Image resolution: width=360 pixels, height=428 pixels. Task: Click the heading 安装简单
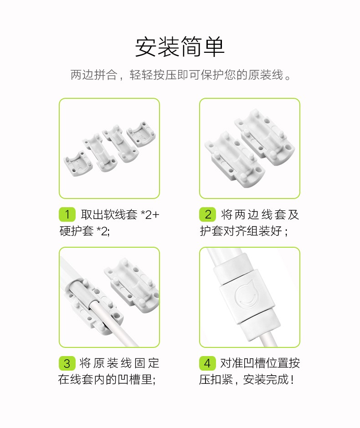click(x=180, y=47)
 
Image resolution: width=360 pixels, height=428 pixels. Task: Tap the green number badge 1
click(x=67, y=214)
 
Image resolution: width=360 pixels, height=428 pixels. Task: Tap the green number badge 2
click(x=208, y=214)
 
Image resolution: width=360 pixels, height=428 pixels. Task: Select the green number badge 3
click(x=67, y=363)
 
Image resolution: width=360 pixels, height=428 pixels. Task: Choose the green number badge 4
click(x=208, y=363)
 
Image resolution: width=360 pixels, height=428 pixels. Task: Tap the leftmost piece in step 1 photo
click(x=77, y=164)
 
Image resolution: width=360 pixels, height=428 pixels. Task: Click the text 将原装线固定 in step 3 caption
click(x=119, y=363)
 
